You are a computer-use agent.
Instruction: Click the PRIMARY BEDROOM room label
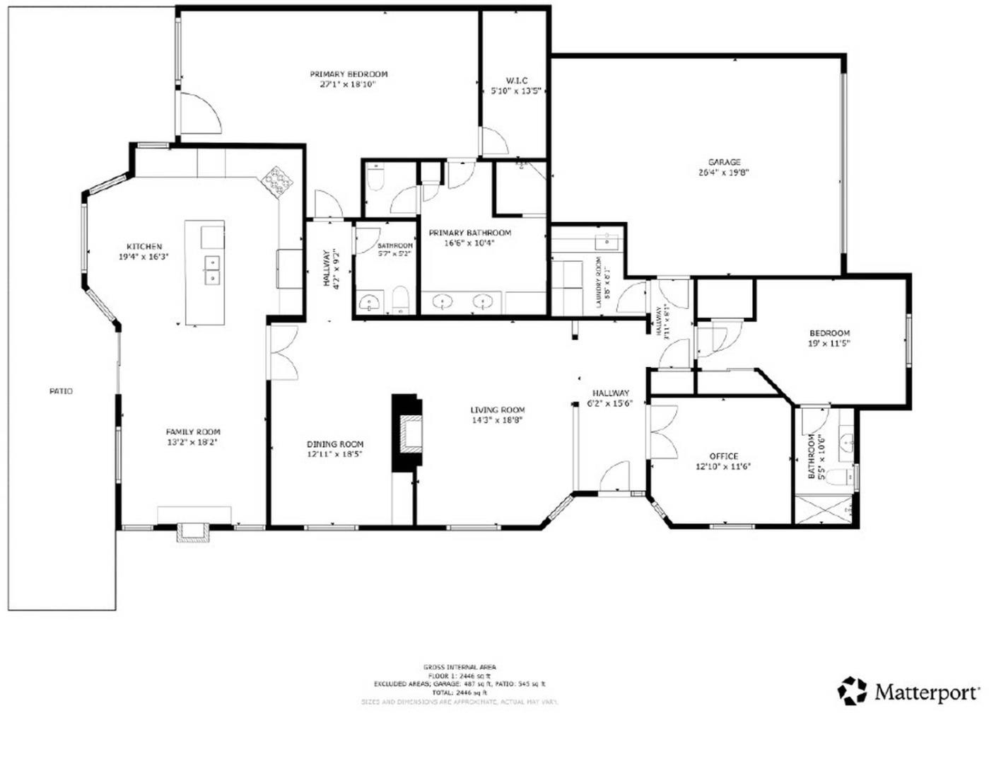tap(349, 74)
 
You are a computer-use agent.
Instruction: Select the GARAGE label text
tap(725, 162)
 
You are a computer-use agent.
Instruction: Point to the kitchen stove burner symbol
tap(277, 181)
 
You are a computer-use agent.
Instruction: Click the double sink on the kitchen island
tap(211, 270)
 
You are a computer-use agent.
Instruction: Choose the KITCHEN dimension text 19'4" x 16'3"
tap(144, 257)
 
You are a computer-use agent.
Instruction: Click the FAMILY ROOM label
tap(193, 432)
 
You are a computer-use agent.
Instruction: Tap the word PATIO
tap(61, 391)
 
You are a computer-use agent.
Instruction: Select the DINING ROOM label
tap(335, 444)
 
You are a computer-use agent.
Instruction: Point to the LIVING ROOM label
tap(498, 410)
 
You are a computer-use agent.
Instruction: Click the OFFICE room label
tap(723, 456)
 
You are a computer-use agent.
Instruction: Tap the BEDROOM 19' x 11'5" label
tap(829, 333)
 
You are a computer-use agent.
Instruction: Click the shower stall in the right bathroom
tap(824, 509)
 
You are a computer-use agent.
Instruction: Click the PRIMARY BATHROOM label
tap(469, 233)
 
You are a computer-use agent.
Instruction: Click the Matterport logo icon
tap(852, 690)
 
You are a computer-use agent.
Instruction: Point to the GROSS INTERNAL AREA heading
tap(460, 667)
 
